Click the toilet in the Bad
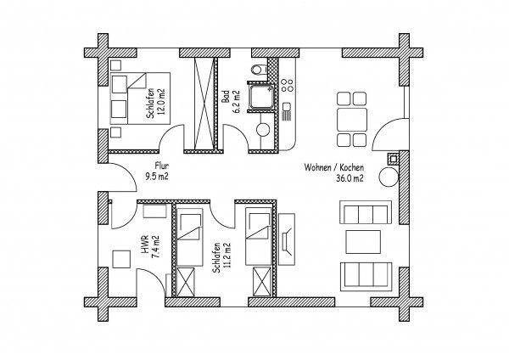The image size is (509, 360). [260, 70]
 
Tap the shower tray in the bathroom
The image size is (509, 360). [260, 97]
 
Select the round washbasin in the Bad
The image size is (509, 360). [263, 130]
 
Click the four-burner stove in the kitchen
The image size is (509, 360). [288, 86]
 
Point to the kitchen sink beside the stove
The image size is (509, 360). [287, 111]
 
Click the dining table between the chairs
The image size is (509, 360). [352, 120]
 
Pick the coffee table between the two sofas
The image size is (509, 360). [363, 242]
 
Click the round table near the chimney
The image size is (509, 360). [389, 177]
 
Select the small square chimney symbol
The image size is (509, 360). [393, 159]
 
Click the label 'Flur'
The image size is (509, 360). [162, 166]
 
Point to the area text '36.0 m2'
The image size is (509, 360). [349, 178]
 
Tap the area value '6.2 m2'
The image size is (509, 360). [237, 102]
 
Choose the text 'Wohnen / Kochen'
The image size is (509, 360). [334, 167]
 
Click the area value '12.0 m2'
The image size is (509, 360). [160, 102]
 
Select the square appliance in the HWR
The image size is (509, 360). [120, 259]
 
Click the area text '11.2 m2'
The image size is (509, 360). [227, 257]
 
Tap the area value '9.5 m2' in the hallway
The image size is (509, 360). [157, 177]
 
